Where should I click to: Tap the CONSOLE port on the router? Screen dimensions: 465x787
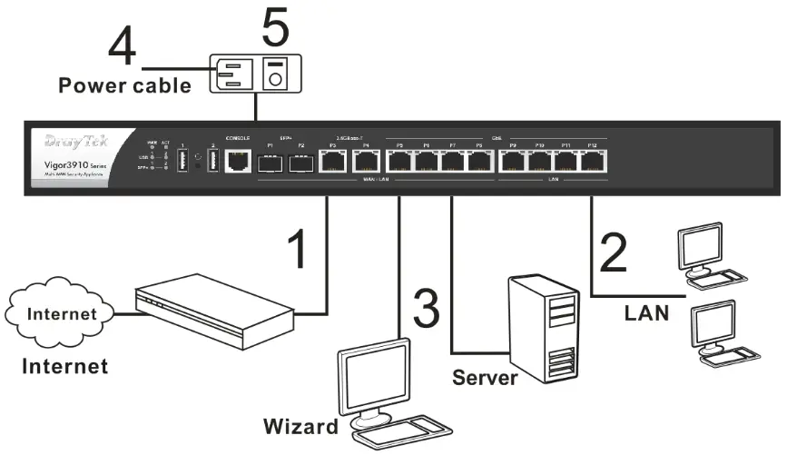(238, 163)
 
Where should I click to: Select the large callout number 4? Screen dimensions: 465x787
(123, 45)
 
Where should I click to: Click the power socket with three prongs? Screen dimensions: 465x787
(232, 75)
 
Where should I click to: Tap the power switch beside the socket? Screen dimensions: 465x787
(273, 76)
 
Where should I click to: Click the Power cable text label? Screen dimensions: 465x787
(125, 87)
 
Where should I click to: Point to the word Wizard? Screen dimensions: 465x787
(300, 426)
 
